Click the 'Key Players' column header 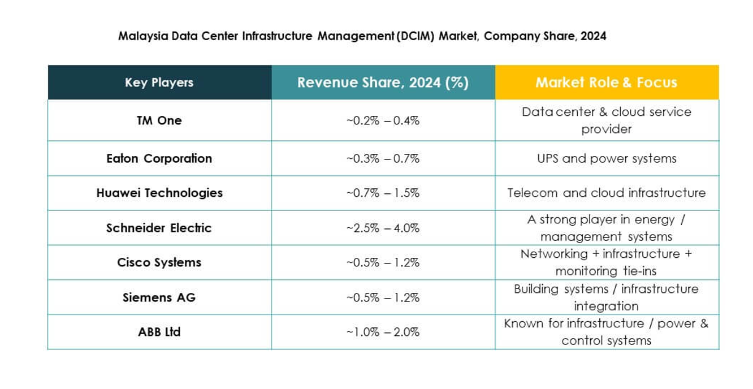(x=159, y=83)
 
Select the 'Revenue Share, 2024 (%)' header (x=383, y=83)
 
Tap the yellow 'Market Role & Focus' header (x=606, y=83)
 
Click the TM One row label (x=159, y=120)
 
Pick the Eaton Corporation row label (x=159, y=158)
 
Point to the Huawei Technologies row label (x=159, y=193)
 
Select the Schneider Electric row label (x=159, y=228)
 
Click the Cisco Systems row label (x=159, y=262)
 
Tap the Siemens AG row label (x=159, y=297)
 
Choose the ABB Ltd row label (x=159, y=332)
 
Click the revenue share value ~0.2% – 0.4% (x=383, y=120)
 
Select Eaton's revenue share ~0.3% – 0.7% (x=383, y=158)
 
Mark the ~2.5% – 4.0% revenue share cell (x=383, y=228)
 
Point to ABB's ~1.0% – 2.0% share (x=383, y=332)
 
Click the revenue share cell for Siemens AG (x=383, y=297)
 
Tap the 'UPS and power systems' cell (x=606, y=158)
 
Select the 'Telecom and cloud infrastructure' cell (x=606, y=193)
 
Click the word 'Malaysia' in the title (x=139, y=36)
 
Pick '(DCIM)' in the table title (x=416, y=36)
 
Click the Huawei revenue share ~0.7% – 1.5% (x=383, y=193)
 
